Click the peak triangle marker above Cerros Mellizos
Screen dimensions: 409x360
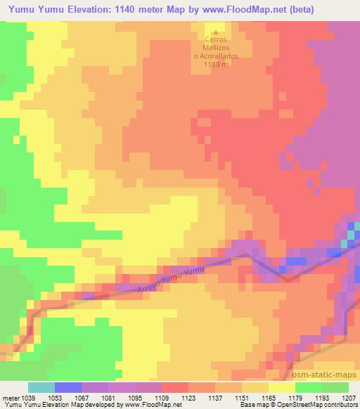click(216, 32)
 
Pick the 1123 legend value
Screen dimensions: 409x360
click(188, 397)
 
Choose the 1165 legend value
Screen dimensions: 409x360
click(269, 397)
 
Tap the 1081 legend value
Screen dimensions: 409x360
click(108, 397)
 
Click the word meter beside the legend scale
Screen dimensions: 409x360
click(8, 397)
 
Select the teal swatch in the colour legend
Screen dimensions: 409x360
click(41, 387)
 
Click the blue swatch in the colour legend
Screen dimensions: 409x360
click(68, 387)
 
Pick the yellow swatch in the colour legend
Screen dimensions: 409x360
click(282, 387)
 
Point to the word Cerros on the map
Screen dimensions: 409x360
click(216, 40)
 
